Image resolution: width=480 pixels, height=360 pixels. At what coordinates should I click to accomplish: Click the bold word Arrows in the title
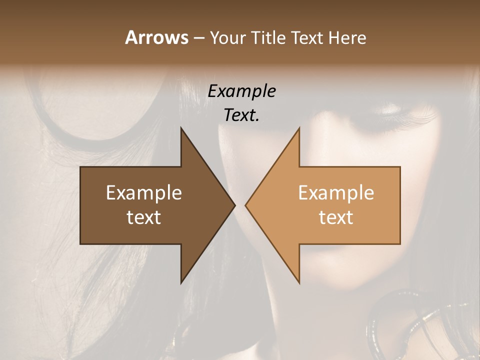pyautogui.click(x=157, y=38)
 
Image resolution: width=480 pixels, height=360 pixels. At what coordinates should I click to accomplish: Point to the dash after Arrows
pyautogui.click(x=198, y=38)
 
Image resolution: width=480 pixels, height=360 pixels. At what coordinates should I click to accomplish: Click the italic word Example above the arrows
pyautogui.click(x=241, y=91)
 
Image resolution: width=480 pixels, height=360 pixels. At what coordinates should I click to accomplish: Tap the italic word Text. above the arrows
pyautogui.click(x=241, y=115)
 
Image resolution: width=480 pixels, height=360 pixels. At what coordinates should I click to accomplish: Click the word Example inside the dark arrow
pyautogui.click(x=143, y=192)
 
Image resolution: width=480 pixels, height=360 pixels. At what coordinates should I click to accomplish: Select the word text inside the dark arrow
pyautogui.click(x=143, y=217)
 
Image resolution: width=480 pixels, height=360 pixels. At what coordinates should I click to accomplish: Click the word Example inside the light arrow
pyautogui.click(x=336, y=192)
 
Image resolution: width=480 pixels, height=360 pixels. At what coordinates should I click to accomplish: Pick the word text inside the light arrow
pyautogui.click(x=336, y=217)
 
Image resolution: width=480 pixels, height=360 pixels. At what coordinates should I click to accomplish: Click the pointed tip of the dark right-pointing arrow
pyautogui.click(x=234, y=205)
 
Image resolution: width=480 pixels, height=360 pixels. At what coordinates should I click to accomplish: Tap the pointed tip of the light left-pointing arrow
pyautogui.click(x=245, y=205)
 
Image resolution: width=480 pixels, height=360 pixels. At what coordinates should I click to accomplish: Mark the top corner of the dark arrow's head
pyautogui.click(x=181, y=127)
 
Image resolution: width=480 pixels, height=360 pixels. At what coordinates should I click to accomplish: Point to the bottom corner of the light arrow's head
pyautogui.click(x=299, y=283)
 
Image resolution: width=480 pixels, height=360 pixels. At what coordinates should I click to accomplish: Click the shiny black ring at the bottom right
pyautogui.click(x=395, y=325)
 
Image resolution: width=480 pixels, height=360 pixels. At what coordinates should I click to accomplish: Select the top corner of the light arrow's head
pyautogui.click(x=299, y=127)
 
